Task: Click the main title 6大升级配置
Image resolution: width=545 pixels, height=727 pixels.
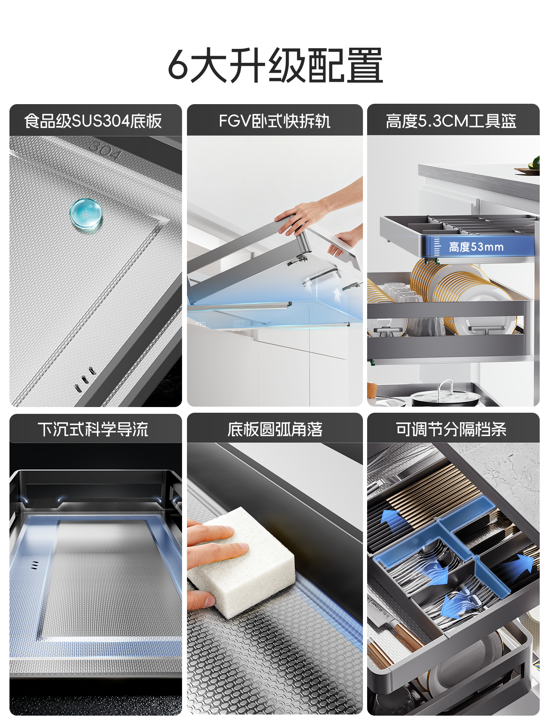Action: (275, 65)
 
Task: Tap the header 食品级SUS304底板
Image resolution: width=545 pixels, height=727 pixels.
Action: (93, 121)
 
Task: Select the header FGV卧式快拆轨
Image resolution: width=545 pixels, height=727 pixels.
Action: (274, 121)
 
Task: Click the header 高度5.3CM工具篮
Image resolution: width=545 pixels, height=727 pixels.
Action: (451, 121)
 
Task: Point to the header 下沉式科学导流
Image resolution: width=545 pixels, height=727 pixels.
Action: (93, 429)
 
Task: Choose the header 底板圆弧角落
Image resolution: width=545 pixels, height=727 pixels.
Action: (274, 429)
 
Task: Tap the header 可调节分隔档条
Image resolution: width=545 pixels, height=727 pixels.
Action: (451, 429)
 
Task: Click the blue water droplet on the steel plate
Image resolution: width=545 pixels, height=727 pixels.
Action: (86, 214)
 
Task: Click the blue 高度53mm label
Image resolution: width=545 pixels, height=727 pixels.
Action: (476, 247)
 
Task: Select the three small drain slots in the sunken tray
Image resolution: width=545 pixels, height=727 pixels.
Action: (35, 565)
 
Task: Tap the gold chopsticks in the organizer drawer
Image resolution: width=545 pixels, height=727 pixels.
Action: (428, 492)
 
